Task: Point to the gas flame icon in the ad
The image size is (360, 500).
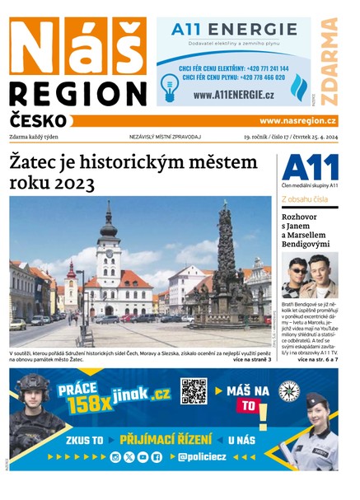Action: click(x=300, y=85)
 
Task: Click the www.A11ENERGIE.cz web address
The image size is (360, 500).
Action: click(x=233, y=95)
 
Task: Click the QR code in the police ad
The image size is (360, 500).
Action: click(x=194, y=391)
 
